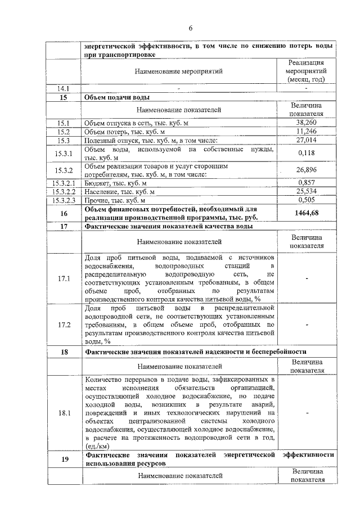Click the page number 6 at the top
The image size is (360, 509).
[x=191, y=29]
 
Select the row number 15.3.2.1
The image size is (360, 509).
[x=63, y=183]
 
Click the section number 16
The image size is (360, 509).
[x=64, y=213]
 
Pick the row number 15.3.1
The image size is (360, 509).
[x=64, y=153]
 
